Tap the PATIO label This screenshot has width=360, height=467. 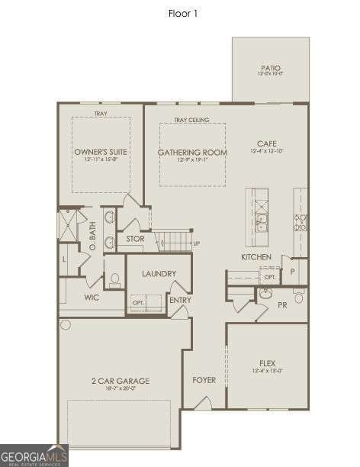(x=271, y=68)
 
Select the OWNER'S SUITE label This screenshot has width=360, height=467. (x=101, y=153)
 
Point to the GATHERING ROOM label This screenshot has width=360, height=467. (x=192, y=153)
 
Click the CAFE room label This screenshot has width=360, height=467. (x=266, y=143)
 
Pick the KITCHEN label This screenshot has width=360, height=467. (x=256, y=257)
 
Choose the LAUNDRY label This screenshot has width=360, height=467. (x=159, y=274)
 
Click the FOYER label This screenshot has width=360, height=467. (x=204, y=380)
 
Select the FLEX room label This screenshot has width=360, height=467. (x=266, y=363)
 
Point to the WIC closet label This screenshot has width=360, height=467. (x=92, y=298)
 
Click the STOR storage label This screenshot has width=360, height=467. (x=135, y=239)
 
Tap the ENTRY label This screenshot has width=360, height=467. (x=181, y=300)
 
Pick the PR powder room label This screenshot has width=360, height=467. (x=282, y=304)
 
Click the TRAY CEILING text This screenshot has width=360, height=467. (x=191, y=120)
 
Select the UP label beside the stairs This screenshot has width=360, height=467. (x=197, y=243)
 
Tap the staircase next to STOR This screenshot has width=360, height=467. (x=175, y=242)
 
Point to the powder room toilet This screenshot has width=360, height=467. (x=298, y=296)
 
